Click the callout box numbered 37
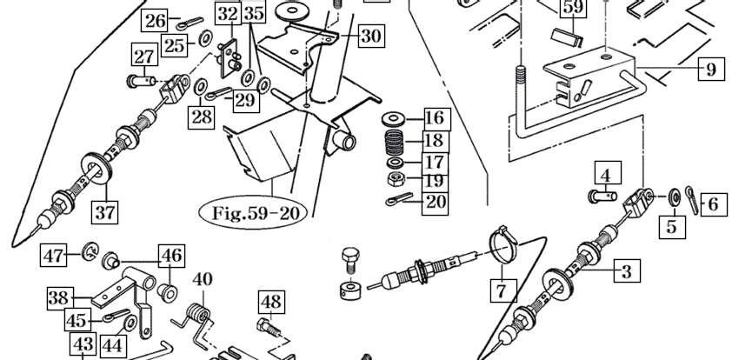coord(104,212)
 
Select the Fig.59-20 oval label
coord(253,212)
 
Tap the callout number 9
coord(711,69)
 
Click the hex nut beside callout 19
coord(396,178)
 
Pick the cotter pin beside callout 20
coord(399,198)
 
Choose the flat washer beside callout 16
coord(395,118)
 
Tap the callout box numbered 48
coord(271,303)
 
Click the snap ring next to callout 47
coord(89,252)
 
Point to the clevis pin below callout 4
coord(602,197)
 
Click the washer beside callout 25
coord(205,40)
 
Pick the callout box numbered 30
coord(371,36)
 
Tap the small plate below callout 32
coord(230,57)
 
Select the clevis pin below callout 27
coord(141,83)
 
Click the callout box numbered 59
coord(573,9)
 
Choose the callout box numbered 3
coord(627,271)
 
